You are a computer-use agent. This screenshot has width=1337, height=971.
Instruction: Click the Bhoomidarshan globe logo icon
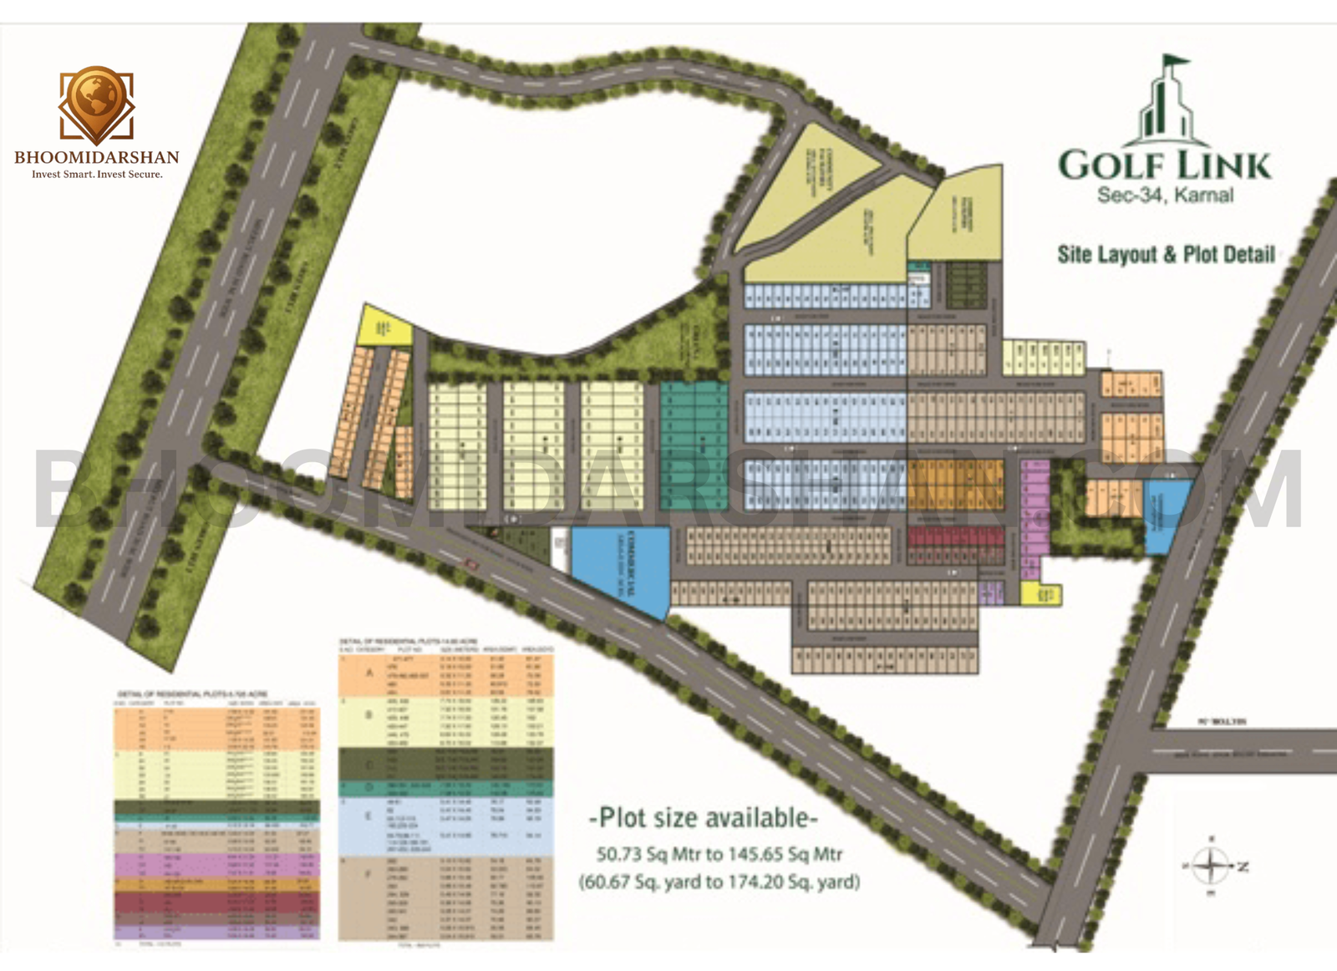click(x=96, y=104)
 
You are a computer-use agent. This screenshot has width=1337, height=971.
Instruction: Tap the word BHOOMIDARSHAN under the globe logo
click(x=96, y=157)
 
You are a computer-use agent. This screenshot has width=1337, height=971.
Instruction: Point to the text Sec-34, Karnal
click(x=1165, y=196)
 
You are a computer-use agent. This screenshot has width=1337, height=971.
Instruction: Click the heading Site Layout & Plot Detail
click(x=1166, y=254)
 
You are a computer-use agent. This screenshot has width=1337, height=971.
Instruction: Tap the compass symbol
click(x=1212, y=865)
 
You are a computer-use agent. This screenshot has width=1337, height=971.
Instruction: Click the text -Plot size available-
click(x=703, y=817)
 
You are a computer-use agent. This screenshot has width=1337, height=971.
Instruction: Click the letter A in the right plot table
click(x=370, y=673)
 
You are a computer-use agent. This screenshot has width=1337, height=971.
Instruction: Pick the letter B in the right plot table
click(x=369, y=715)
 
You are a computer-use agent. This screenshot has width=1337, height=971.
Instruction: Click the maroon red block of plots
click(x=955, y=547)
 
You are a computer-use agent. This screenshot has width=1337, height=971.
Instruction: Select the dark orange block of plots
click(x=954, y=485)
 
